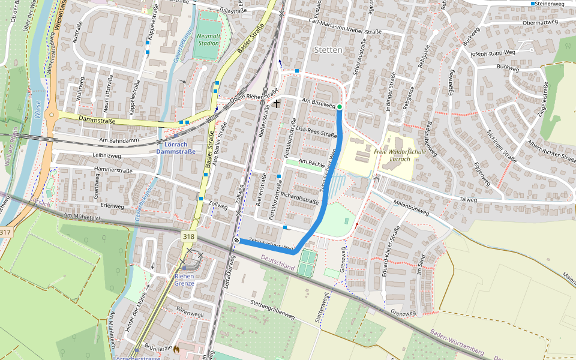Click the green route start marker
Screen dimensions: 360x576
pyautogui.click(x=340, y=107)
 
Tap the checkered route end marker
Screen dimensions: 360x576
pyautogui.click(x=237, y=241)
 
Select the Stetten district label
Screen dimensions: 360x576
pyautogui.click(x=328, y=50)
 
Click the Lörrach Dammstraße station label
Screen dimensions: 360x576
pyautogui.click(x=175, y=148)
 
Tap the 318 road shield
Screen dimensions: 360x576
pyautogui.click(x=188, y=237)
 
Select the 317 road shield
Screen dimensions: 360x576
pyautogui.click(x=5, y=232)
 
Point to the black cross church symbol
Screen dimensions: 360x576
pyautogui.click(x=277, y=104)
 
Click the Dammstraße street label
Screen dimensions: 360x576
pyautogui.click(x=97, y=120)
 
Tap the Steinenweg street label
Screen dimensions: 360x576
pyautogui.click(x=552, y=4)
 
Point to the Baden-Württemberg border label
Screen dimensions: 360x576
pyautogui.click(x=457, y=341)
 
